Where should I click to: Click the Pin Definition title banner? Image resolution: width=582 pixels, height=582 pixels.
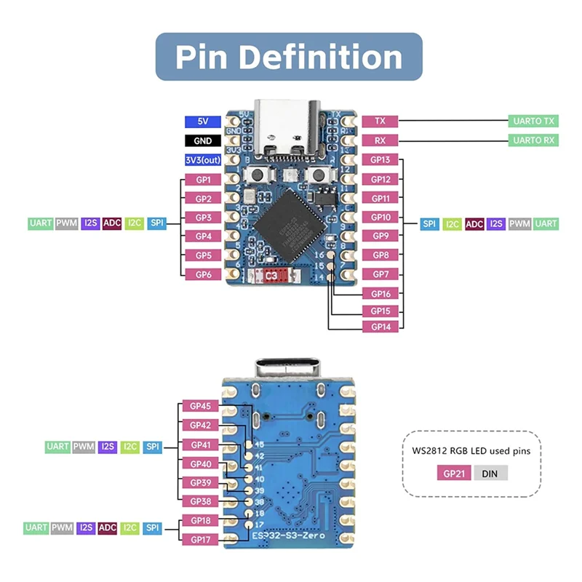pos(289,57)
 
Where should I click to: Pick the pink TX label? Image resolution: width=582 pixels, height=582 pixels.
pos(380,121)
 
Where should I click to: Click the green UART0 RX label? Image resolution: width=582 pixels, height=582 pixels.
pos(533,140)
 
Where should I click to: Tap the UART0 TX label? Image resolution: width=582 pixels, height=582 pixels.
pos(533,121)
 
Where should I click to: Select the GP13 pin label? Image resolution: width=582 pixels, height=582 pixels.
pos(380,160)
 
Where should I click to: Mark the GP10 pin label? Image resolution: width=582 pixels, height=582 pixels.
pos(380,217)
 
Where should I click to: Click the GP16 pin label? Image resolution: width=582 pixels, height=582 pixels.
pos(380,294)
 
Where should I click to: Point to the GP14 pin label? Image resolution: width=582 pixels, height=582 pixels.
pos(380,327)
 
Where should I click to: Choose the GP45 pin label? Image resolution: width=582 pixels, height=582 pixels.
pos(200,406)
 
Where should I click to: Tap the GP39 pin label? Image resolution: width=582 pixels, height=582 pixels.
pos(200,482)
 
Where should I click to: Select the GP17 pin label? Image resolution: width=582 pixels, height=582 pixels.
pos(200,539)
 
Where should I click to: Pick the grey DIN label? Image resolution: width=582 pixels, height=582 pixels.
pos(490,473)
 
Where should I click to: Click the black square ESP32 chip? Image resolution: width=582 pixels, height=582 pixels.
pos(290,220)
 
